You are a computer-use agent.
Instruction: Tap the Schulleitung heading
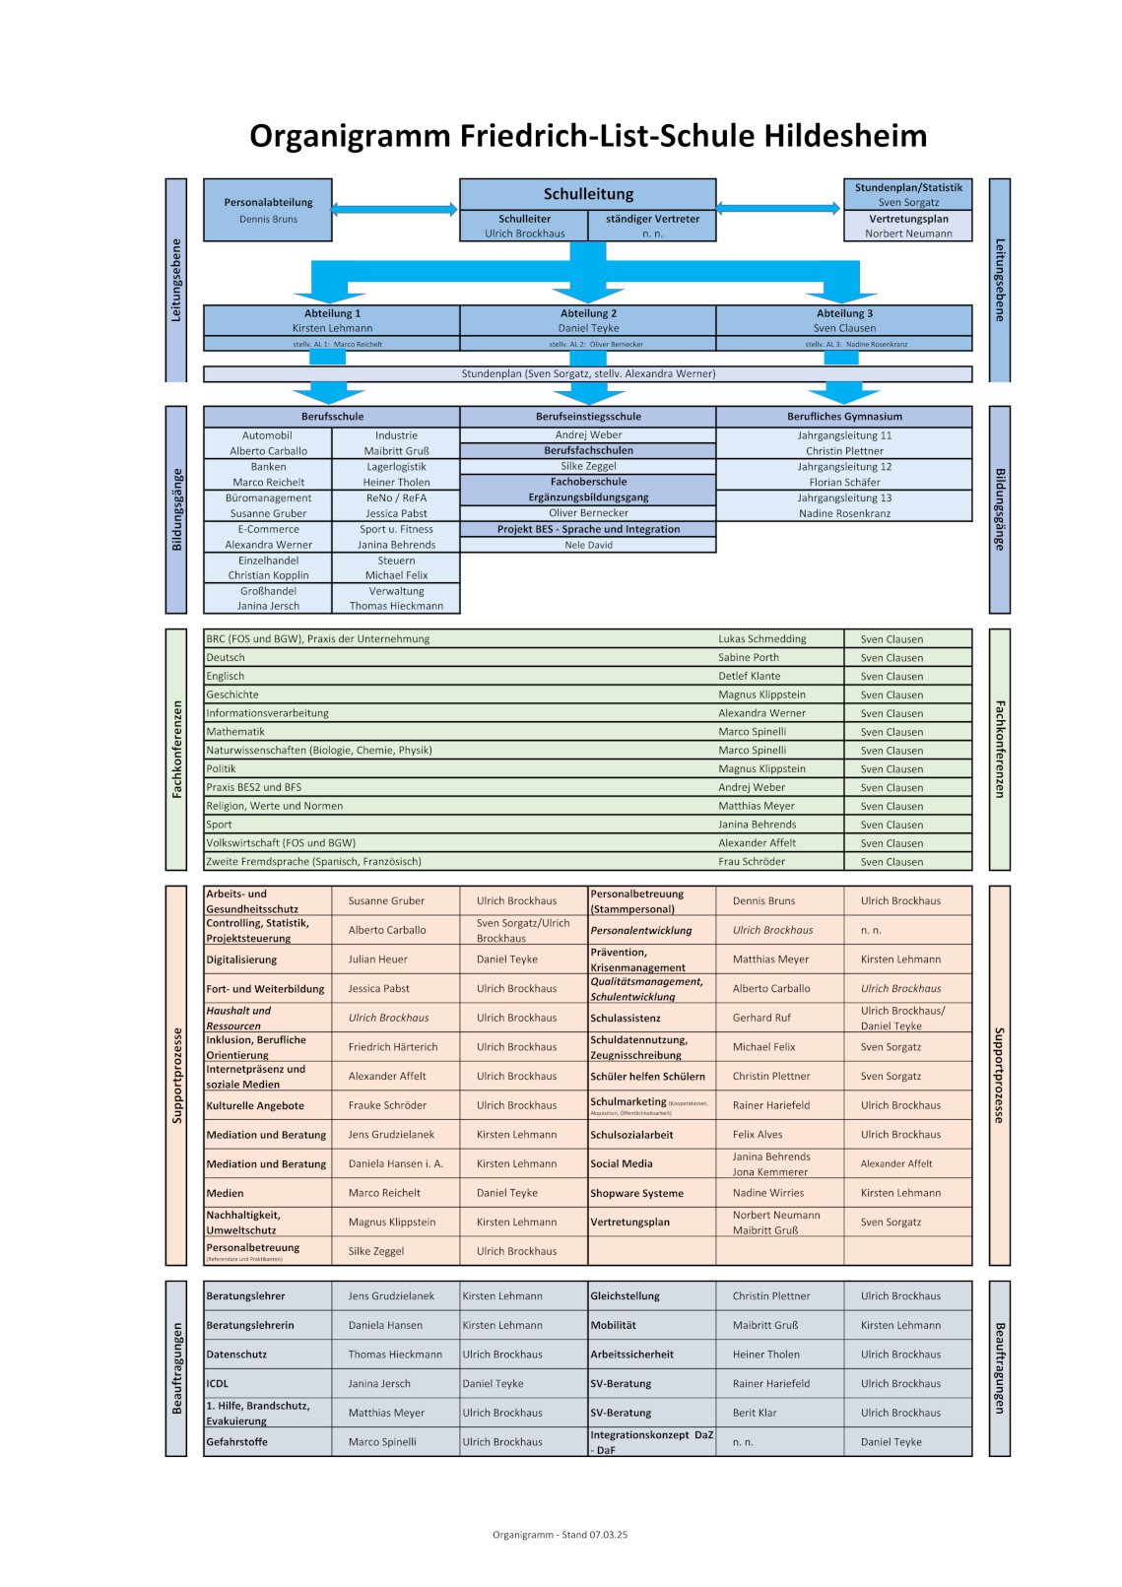[x=588, y=194]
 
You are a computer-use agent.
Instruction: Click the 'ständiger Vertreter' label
[x=652, y=219]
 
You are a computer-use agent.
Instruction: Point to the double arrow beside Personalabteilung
[x=394, y=209]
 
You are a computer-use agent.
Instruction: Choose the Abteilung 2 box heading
[x=588, y=313]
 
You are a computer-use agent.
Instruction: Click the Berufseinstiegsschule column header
[x=588, y=417]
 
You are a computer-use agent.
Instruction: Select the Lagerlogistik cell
[x=396, y=467]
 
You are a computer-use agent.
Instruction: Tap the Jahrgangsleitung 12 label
[x=844, y=467]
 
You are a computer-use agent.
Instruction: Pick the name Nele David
[x=588, y=545]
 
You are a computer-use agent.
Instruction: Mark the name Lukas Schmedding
[x=761, y=639]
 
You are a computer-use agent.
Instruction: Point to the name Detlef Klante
[x=749, y=677]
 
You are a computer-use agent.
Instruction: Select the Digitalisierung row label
[x=241, y=959]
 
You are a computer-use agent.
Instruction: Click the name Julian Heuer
[x=377, y=959]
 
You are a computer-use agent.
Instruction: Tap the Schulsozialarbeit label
[x=631, y=1135]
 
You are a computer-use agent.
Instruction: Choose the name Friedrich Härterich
[x=392, y=1047]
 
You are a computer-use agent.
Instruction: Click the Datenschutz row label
[x=236, y=1355]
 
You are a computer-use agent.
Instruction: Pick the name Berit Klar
[x=755, y=1413]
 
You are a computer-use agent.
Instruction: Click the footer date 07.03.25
[x=609, y=1535]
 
